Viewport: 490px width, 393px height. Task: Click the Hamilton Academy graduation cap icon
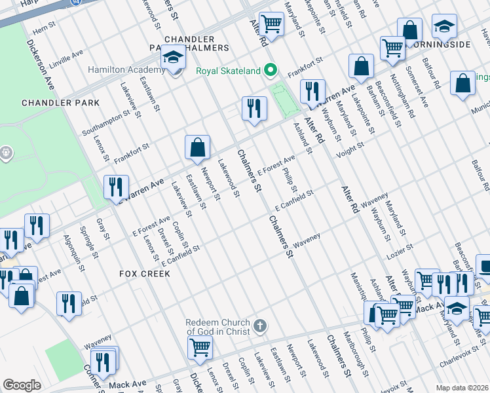coord(174,58)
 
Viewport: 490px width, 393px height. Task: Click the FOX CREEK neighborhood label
coord(145,273)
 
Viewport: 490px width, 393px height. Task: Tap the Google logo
coord(22,385)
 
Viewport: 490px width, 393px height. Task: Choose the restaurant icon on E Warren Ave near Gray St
coord(116,187)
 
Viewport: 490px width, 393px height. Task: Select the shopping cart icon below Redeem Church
coord(200,346)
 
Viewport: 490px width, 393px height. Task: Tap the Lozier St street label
coord(400,248)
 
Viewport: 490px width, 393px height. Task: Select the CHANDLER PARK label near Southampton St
coord(60,103)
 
